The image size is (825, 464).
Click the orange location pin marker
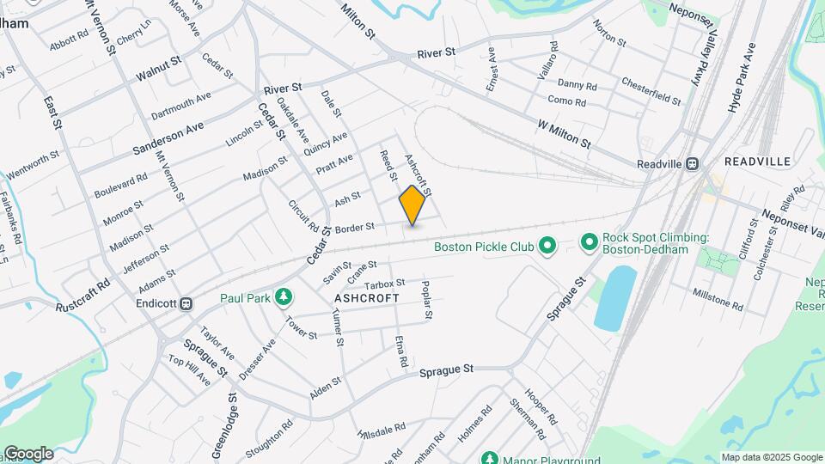(412, 205)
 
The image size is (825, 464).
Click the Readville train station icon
(692, 163)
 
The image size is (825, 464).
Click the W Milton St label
(565, 134)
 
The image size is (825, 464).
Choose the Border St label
(355, 228)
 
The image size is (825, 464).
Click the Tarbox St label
(384, 283)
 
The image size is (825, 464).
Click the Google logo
(28, 454)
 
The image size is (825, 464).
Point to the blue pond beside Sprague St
(614, 298)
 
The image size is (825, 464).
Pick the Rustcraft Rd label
(83, 295)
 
